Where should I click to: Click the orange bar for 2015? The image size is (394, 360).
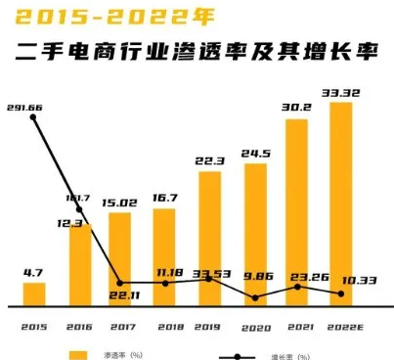[x=34, y=293]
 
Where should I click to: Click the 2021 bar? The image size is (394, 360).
[x=297, y=211]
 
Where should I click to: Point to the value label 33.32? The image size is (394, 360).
[x=341, y=93]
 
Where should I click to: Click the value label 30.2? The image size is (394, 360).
[x=297, y=109]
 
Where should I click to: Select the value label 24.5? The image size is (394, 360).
[x=254, y=154]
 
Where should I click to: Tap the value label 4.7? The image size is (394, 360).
[x=33, y=273]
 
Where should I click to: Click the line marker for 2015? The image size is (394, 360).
[x=34, y=117]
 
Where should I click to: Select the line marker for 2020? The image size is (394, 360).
[x=254, y=297]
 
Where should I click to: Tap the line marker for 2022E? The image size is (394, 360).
[x=341, y=293]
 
